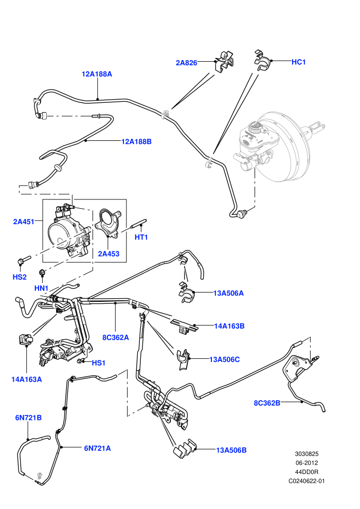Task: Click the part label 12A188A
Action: point(97,74)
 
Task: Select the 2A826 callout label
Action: point(186,63)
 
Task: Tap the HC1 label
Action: point(299,62)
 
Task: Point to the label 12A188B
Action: point(136,141)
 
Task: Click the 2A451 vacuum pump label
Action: point(24,222)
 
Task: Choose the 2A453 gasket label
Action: point(109,254)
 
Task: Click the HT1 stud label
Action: point(141,238)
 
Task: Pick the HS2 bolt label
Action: point(20,277)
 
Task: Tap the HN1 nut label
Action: point(41,288)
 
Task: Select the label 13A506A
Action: point(228,293)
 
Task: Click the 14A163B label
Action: point(229,326)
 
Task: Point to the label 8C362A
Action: point(116,338)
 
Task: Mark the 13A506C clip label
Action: point(225,359)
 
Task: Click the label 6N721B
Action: point(29,418)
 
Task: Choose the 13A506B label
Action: point(231,450)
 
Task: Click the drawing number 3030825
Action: point(307,454)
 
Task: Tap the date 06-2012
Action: point(307,463)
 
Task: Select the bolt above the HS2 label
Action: point(24,259)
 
